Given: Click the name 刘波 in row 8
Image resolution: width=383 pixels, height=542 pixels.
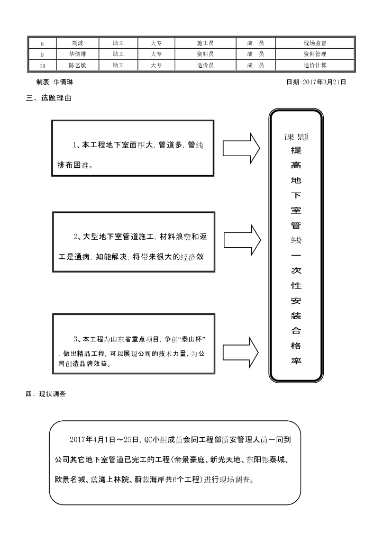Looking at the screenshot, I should [77, 43].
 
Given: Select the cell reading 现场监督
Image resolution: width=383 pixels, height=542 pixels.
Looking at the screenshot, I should [315, 43].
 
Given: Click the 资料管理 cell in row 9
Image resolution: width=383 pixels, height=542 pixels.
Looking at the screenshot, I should [315, 54].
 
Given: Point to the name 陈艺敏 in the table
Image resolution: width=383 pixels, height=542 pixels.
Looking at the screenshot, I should [77, 65].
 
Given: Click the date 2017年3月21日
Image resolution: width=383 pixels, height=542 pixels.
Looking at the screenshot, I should [316, 82].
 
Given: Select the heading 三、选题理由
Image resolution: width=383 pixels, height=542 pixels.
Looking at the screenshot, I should [49, 98].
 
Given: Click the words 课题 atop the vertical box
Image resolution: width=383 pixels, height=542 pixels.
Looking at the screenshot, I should [296, 137].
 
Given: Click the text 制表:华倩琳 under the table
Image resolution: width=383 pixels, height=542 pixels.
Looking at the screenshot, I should [54, 82].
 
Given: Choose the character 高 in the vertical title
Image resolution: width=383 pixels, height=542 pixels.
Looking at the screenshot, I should [296, 165].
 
